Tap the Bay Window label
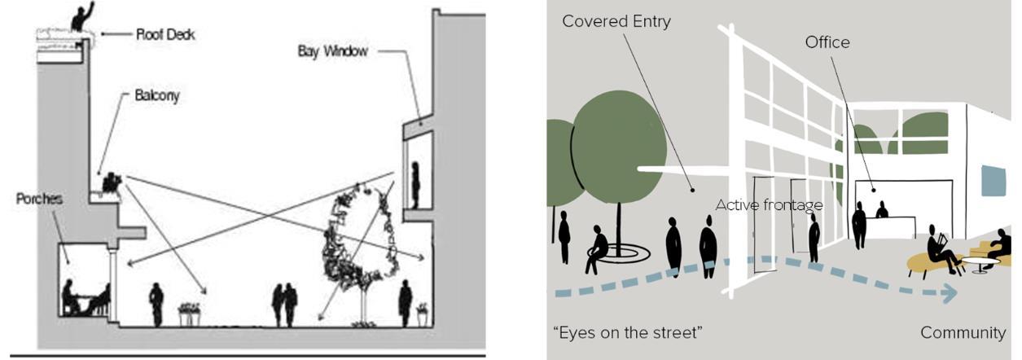[332, 51]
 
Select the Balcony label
[156, 95]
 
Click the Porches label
[38, 199]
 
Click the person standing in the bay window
[415, 185]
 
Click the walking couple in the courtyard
[285, 304]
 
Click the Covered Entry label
[616, 21]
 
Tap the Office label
[827, 42]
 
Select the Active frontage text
[768, 205]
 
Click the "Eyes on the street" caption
[627, 332]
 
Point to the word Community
[963, 332]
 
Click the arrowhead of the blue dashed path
[947, 294]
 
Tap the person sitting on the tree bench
[597, 248]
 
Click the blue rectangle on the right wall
[993, 180]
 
